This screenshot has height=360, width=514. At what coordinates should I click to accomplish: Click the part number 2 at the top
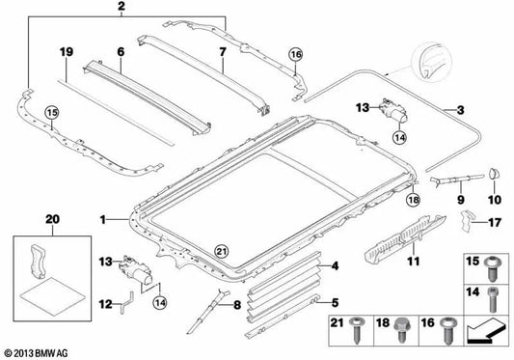click(121, 9)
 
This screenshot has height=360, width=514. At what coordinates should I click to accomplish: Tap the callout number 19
click(66, 49)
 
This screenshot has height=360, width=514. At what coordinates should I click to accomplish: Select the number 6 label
click(121, 49)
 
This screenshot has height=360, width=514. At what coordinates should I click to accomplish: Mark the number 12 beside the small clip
click(103, 303)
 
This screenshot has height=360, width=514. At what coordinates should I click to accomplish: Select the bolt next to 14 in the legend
click(493, 295)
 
